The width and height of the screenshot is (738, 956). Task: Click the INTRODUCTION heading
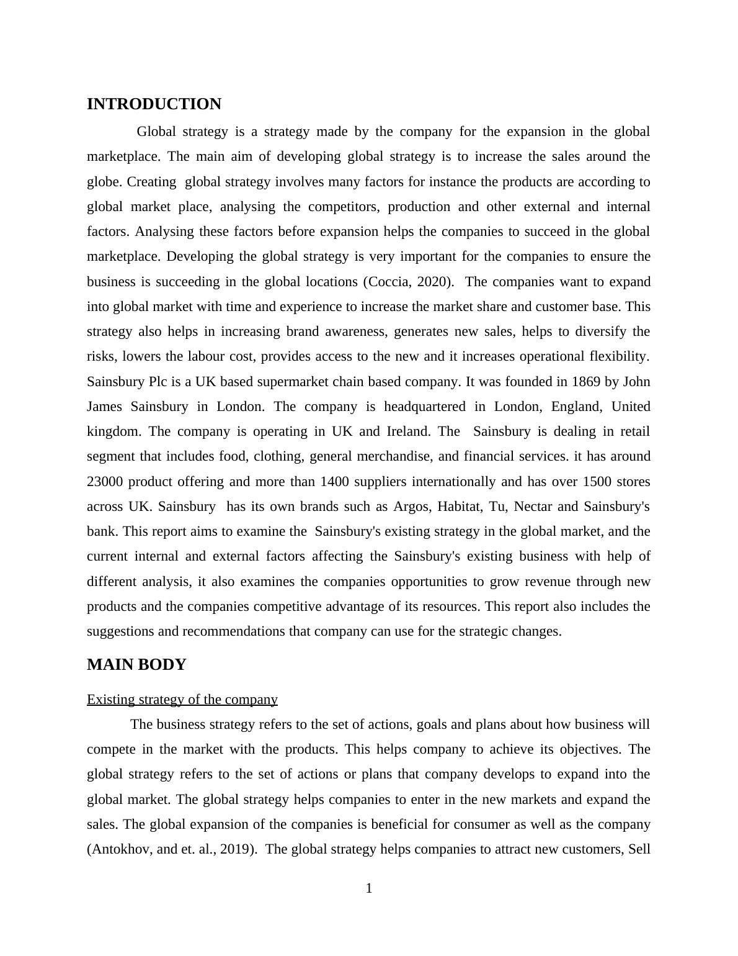pyautogui.click(x=154, y=104)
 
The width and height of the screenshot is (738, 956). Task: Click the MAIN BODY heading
pyautogui.click(x=136, y=665)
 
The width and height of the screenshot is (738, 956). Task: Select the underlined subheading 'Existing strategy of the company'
pyautogui.click(x=182, y=700)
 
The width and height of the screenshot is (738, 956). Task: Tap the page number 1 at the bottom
pyautogui.click(x=369, y=888)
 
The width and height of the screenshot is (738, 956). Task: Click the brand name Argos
pyautogui.click(x=411, y=507)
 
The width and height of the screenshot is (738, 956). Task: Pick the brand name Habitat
pyautogui.click(x=460, y=507)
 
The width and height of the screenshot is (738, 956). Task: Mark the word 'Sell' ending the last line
pyautogui.click(x=639, y=849)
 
